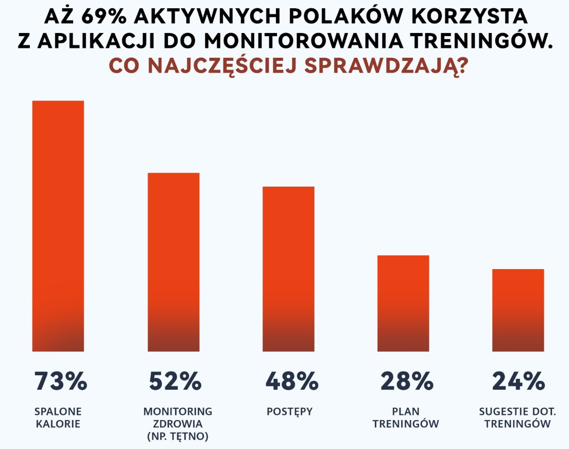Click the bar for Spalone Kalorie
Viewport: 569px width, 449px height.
tap(58, 226)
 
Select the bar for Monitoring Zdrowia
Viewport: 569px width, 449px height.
tap(174, 262)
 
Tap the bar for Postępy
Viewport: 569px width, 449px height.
tap(288, 269)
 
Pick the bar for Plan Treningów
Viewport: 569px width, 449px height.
tap(403, 303)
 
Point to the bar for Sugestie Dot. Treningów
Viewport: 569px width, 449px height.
tap(518, 310)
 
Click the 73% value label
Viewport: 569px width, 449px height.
tap(61, 381)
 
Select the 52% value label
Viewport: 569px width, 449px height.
tap(175, 381)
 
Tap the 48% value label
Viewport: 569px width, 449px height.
tap(291, 381)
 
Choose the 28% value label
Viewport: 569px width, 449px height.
tap(406, 381)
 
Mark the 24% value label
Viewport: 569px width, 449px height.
tap(519, 381)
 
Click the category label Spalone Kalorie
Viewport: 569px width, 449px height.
tap(58, 418)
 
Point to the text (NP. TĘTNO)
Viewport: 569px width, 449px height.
tap(178, 437)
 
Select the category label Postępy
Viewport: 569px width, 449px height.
tap(290, 411)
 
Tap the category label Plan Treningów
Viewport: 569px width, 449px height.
tap(405, 418)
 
